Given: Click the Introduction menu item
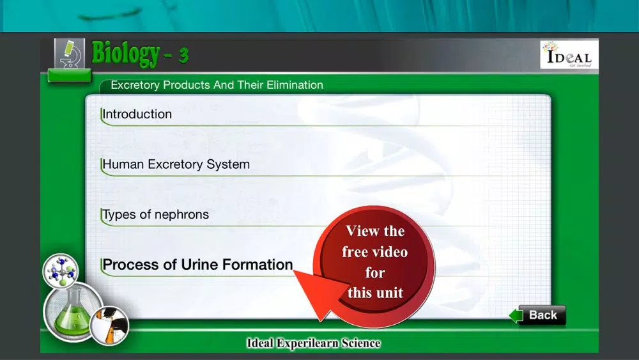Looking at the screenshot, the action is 137,114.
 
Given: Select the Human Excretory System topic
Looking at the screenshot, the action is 176,164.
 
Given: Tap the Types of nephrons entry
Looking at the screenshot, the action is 155,214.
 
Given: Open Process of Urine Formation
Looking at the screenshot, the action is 197,265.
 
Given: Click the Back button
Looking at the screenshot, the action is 543,315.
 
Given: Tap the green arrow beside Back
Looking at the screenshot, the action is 516,316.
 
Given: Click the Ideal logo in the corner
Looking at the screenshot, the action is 569,54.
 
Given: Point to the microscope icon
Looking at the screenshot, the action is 70,54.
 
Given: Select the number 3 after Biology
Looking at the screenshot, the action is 183,55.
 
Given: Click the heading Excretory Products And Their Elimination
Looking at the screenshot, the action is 217,85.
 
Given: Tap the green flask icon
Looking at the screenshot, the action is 73,312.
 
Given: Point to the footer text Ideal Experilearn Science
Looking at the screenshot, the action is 313,343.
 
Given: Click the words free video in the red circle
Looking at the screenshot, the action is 375,252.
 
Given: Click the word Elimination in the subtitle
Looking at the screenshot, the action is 295,85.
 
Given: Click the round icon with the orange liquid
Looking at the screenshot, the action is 109,326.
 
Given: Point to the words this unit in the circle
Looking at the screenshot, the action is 375,293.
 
